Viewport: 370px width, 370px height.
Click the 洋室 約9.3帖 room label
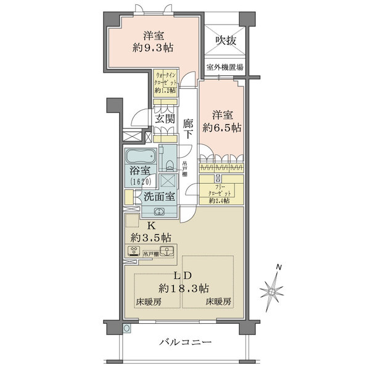(152, 43)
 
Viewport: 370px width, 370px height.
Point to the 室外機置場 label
(225, 68)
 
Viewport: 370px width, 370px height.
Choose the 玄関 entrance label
(164, 119)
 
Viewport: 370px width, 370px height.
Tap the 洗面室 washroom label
(158, 197)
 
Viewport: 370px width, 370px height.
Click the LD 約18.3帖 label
(184, 282)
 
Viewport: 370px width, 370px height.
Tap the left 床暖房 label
(149, 302)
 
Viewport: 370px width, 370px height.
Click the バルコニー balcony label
(186, 342)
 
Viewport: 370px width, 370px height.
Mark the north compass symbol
(273, 287)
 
